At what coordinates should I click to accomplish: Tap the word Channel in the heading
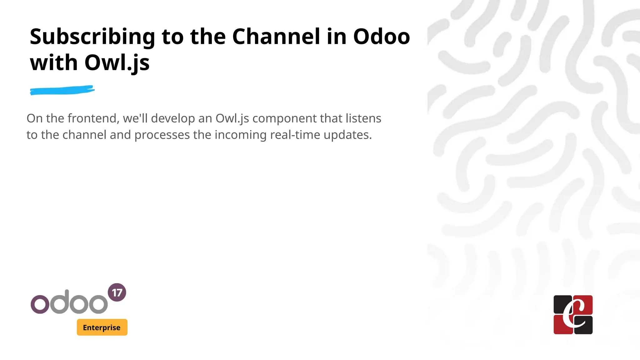(276, 37)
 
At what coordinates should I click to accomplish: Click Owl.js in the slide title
(117, 63)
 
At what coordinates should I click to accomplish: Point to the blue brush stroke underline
(62, 90)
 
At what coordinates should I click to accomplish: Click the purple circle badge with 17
(117, 292)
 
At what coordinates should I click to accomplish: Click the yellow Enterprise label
(102, 327)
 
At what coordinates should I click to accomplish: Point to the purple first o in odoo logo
(40, 304)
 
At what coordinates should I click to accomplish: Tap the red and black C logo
(573, 315)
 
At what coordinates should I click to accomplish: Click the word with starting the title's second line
(53, 63)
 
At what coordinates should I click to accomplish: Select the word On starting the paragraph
(34, 118)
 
